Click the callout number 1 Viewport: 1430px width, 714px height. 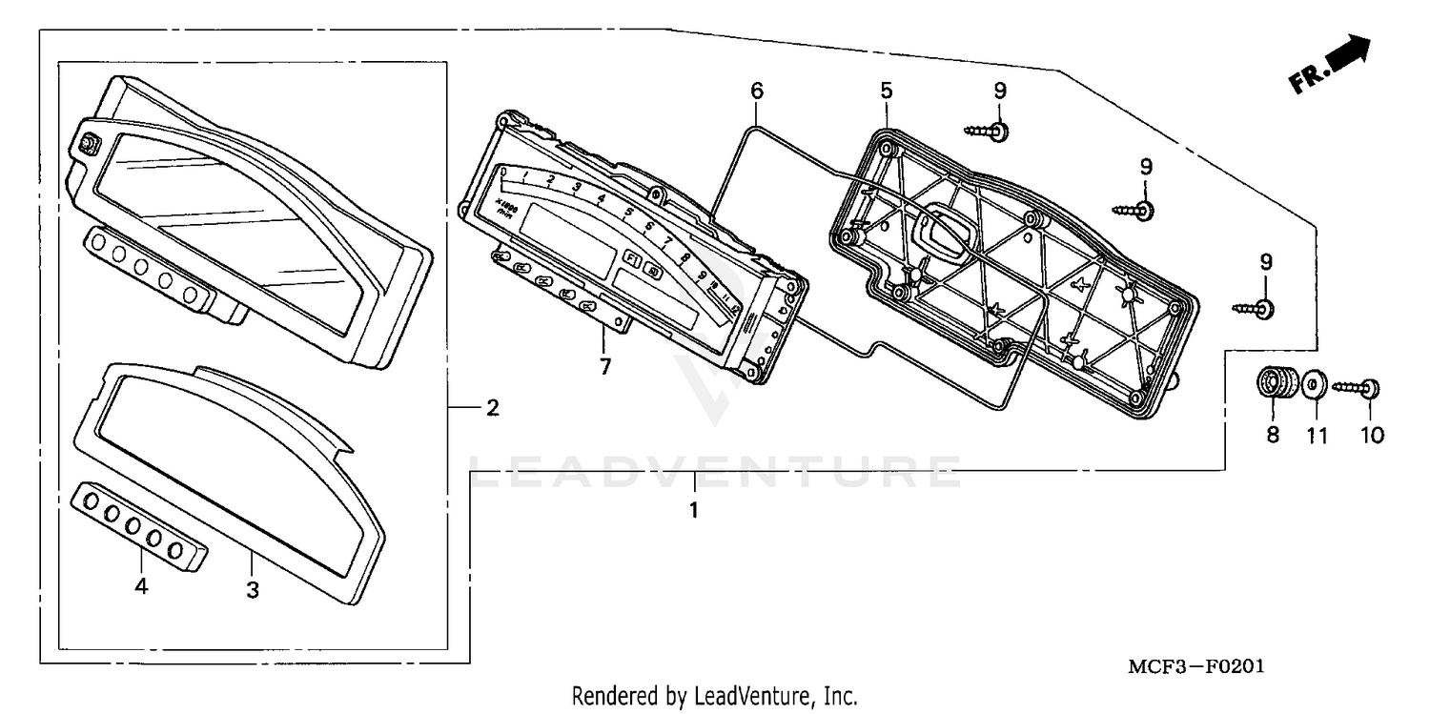coord(694,510)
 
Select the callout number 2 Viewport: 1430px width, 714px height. coord(492,408)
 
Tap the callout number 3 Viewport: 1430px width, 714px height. coord(253,590)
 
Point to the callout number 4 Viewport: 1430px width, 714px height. coord(141,587)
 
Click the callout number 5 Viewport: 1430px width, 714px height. coord(886,92)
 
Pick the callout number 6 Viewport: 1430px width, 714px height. coord(757,92)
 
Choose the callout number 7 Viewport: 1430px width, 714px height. coord(605,366)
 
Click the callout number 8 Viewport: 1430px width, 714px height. coord(1273,436)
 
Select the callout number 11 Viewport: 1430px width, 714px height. coord(1317,436)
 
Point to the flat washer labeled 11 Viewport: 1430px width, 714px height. coord(1314,385)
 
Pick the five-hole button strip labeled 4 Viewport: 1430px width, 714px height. coord(141,525)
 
